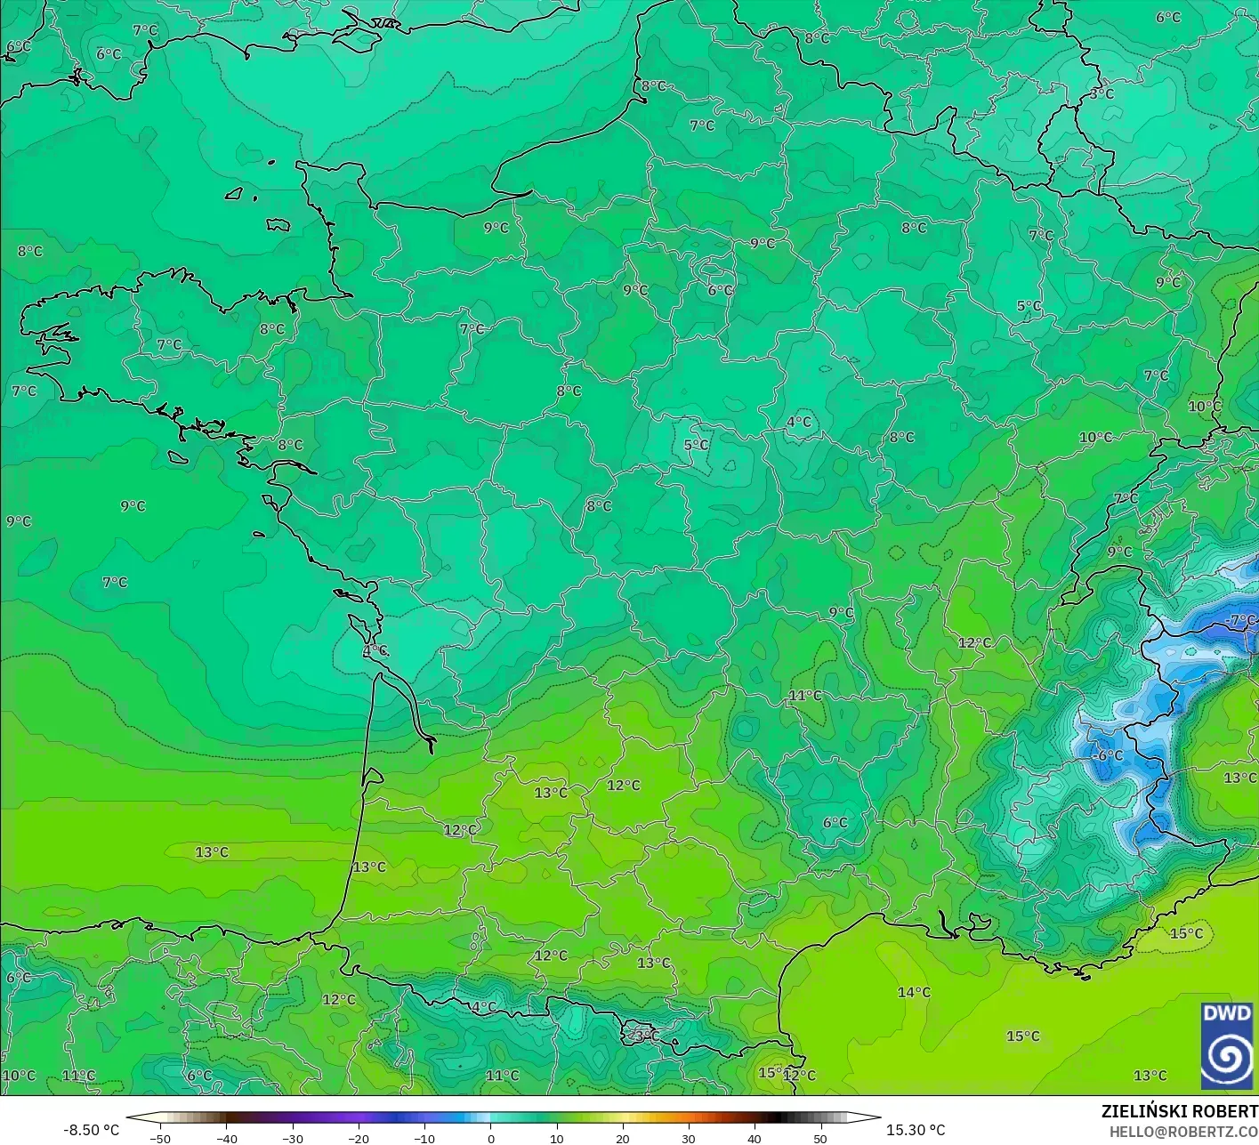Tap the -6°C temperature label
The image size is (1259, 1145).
click(1108, 755)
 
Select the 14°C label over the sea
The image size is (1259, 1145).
click(914, 992)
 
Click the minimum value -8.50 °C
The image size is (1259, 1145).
click(91, 1130)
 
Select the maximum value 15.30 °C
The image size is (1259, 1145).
click(916, 1130)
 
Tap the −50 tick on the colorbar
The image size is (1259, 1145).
click(160, 1139)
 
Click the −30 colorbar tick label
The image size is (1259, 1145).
click(292, 1139)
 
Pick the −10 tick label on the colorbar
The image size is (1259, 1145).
click(424, 1139)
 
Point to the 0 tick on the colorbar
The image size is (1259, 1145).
click(490, 1139)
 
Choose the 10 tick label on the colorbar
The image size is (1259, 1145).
click(556, 1139)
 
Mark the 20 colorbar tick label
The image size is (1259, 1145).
click(622, 1139)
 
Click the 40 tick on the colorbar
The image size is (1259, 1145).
click(754, 1139)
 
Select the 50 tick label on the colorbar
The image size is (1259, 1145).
click(819, 1139)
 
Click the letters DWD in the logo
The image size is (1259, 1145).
click(1227, 1013)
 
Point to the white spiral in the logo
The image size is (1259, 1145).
click(1227, 1058)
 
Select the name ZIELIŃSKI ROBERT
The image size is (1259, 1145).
click(1179, 1111)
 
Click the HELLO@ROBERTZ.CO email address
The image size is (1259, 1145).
click(1183, 1132)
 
